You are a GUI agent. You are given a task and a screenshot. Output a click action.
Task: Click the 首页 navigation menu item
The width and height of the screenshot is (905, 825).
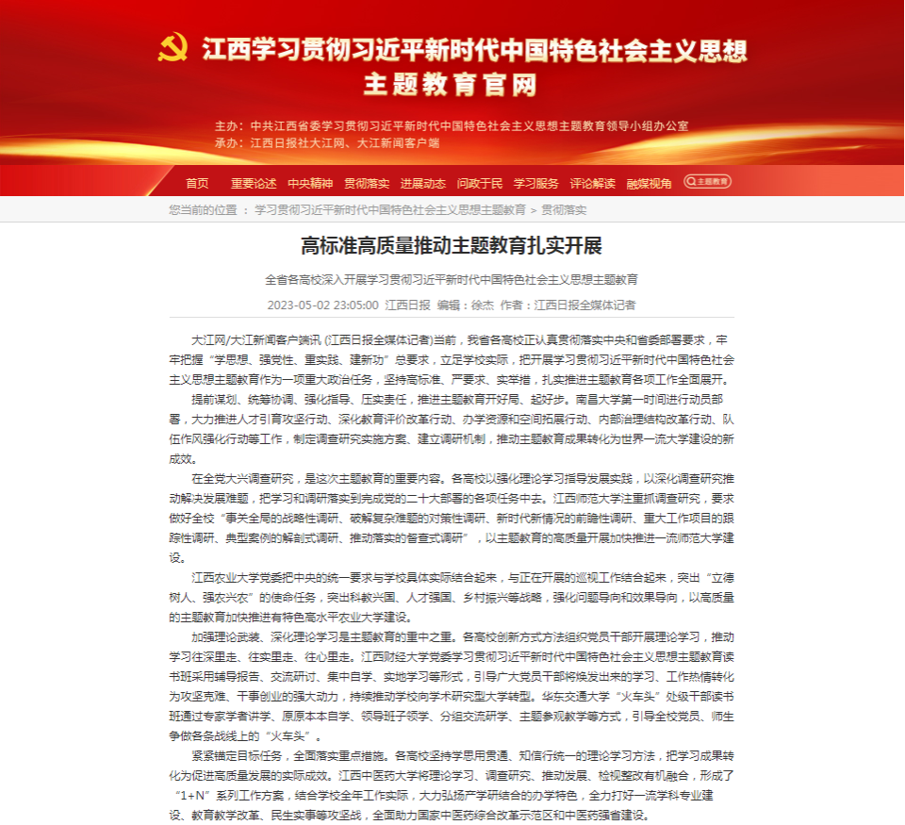[197, 183]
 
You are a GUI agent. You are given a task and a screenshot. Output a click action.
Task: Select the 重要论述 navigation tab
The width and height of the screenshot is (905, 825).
[254, 183]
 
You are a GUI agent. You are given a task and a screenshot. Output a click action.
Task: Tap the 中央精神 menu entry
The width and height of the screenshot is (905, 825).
[310, 183]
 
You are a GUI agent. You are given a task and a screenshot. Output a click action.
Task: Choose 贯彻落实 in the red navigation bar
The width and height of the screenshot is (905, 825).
[367, 183]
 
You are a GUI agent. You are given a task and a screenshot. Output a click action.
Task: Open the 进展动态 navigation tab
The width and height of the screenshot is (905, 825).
[423, 183]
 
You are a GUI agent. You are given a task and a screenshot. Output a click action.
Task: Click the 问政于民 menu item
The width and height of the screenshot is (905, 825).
[480, 183]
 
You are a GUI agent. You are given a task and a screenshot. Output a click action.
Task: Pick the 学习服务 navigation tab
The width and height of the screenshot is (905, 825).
[536, 183]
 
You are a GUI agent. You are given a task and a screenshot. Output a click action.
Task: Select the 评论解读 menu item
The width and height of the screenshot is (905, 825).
[593, 183]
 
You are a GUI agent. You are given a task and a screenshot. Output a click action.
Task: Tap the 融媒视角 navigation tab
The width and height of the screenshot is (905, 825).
[650, 183]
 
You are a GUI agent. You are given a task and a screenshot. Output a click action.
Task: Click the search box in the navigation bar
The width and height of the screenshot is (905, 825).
[708, 182]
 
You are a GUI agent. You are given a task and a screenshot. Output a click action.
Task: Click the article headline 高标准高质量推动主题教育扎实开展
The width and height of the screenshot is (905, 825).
[452, 246]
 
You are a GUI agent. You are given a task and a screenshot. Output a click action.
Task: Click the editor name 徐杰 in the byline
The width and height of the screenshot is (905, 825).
[482, 305]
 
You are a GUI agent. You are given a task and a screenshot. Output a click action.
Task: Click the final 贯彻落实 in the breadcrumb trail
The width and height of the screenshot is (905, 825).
[564, 209]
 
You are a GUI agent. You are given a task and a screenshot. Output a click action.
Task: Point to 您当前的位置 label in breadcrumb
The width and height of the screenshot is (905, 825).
[203, 209]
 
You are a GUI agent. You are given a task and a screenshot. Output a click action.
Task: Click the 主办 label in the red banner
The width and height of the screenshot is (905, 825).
[227, 125]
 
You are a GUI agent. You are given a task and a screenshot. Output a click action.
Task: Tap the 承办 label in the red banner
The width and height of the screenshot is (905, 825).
[227, 143]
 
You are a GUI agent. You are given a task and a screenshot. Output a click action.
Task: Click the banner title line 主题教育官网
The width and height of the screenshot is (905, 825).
[452, 85]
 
